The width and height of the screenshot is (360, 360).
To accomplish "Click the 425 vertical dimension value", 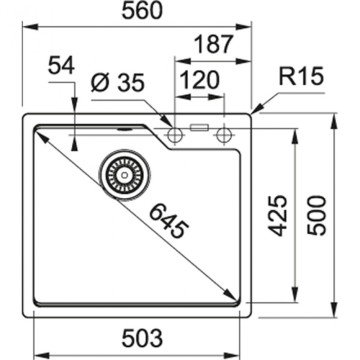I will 281,212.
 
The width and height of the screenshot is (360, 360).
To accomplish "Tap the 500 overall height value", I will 319,212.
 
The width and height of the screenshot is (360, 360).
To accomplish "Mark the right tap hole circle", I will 222,131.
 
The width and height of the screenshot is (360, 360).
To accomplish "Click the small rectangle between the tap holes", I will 198,129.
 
